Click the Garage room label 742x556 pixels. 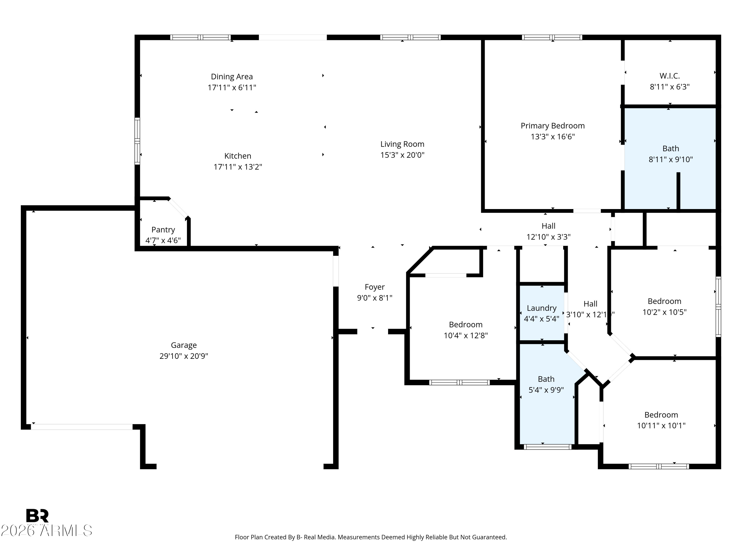[x=184, y=345]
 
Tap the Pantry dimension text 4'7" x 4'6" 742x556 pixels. [x=163, y=240]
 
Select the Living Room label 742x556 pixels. [x=402, y=144]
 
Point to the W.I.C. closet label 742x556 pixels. [x=670, y=76]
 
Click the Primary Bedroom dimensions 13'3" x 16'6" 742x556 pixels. [x=553, y=136]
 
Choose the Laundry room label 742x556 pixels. [x=541, y=308]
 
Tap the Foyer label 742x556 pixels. [x=375, y=287]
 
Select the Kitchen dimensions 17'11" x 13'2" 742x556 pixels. [x=238, y=167]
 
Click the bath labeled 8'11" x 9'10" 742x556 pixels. [x=671, y=149]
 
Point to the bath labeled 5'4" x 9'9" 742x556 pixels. [x=546, y=379]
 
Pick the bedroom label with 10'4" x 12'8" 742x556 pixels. [x=465, y=324]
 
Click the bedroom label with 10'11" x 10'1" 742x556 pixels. [x=661, y=415]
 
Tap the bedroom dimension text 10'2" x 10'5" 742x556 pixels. [x=664, y=312]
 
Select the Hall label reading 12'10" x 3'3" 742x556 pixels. [x=548, y=226]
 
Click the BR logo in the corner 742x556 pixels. [x=37, y=515]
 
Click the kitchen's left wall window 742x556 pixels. [x=137, y=141]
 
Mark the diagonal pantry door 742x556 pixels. [x=178, y=208]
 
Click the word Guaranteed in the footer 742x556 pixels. [x=489, y=537]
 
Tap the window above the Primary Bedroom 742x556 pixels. [x=552, y=37]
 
